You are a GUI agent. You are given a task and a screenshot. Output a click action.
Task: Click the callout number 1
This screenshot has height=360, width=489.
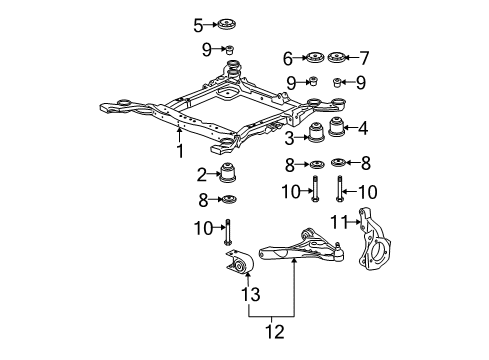[180, 153]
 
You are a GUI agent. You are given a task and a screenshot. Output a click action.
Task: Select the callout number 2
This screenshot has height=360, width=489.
[201, 173]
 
